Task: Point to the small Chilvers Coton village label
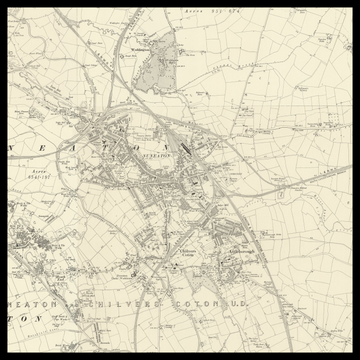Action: [x=182, y=252]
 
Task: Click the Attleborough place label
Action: [x=243, y=250]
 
